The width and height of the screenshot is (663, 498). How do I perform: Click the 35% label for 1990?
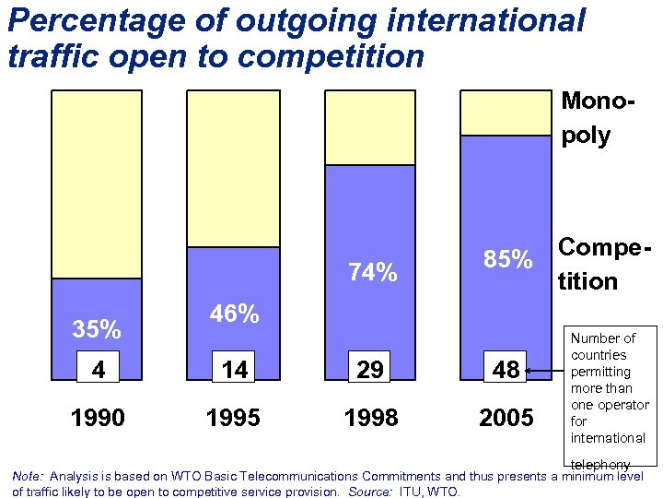click(97, 329)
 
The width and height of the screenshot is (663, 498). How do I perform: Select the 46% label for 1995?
click(233, 314)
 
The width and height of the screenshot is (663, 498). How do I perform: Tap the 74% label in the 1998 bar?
click(372, 272)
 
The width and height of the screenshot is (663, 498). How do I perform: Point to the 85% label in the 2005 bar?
click(508, 260)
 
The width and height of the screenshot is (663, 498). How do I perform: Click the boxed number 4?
click(97, 370)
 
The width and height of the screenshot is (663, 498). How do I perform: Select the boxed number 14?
click(234, 370)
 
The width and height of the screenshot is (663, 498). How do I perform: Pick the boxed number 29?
click(370, 370)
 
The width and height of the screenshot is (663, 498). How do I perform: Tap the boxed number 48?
click(506, 370)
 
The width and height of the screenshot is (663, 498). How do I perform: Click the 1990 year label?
click(97, 418)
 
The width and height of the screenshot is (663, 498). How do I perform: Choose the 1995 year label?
click(233, 418)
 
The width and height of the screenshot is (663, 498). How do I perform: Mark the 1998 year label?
click(370, 418)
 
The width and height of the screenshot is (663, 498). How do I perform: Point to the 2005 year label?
click(506, 418)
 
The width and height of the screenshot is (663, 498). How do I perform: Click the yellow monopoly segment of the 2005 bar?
click(506, 113)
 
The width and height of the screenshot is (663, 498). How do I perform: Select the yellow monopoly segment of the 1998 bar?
click(370, 127)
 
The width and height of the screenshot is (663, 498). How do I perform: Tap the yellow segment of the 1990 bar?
click(97, 184)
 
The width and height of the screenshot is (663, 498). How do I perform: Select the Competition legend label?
click(599, 264)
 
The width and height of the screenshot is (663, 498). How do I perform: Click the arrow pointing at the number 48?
click(547, 372)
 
